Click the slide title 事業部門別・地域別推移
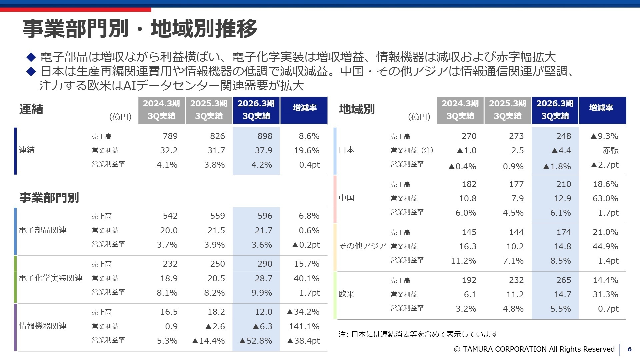click(140, 29)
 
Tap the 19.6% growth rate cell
click(306, 150)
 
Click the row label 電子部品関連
click(43, 230)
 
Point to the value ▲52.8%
click(256, 341)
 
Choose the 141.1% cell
click(304, 326)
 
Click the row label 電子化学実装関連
click(50, 278)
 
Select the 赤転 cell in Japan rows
click(610, 150)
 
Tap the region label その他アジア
click(362, 246)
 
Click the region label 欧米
click(346, 294)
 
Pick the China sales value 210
click(563, 184)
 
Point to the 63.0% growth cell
click(605, 198)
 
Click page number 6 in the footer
click(629, 349)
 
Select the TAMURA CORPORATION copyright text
click(534, 349)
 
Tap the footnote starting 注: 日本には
click(418, 334)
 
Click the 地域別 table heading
click(357, 109)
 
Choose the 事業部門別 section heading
click(49, 197)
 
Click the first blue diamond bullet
click(31, 57)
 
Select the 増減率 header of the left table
click(304, 108)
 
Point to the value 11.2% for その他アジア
click(463, 261)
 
